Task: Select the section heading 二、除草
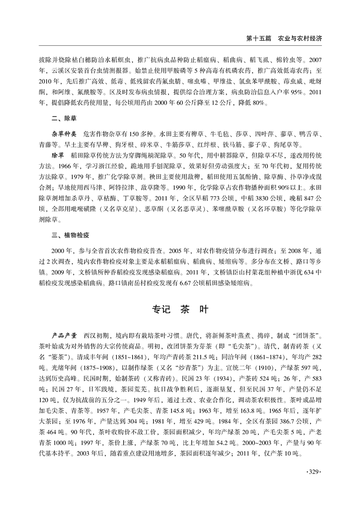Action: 64,117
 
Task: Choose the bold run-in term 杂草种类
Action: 64,135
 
